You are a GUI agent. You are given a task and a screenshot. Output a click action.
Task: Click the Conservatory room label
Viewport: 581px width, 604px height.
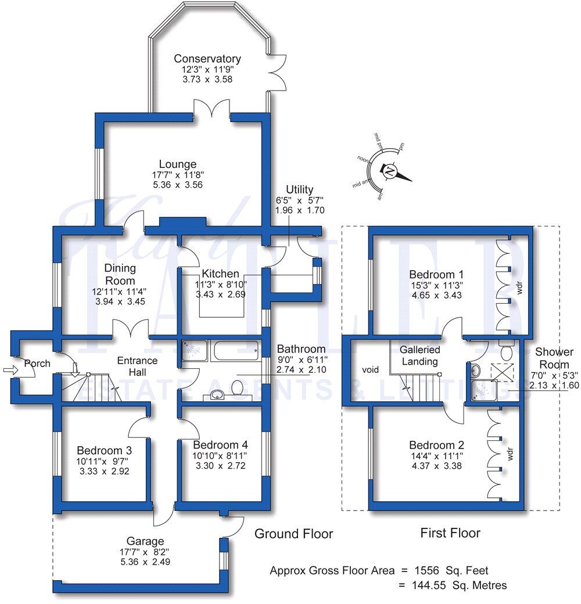[207, 59]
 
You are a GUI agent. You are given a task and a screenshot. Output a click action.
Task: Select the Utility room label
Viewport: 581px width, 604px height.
[299, 190]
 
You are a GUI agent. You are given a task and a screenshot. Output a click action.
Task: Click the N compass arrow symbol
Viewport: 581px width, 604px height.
[389, 171]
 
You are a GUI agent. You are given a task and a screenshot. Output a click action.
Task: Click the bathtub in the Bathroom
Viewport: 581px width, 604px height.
[236, 351]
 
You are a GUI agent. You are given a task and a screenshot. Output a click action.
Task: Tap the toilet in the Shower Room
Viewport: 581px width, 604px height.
[505, 351]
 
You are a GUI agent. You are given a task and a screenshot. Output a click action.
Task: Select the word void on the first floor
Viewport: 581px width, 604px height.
[370, 369]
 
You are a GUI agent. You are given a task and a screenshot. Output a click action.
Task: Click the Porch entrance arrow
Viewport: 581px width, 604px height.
[10, 369]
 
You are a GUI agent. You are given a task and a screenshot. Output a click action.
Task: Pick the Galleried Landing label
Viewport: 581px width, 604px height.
[419, 355]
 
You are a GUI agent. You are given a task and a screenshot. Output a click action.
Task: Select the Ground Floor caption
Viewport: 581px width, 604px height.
[294, 534]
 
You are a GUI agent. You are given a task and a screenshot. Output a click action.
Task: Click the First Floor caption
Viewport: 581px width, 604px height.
[450, 533]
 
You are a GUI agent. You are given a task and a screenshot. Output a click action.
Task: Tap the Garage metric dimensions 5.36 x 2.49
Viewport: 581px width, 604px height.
[142, 562]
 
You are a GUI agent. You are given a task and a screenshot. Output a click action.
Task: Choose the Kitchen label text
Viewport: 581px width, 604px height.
[220, 274]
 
